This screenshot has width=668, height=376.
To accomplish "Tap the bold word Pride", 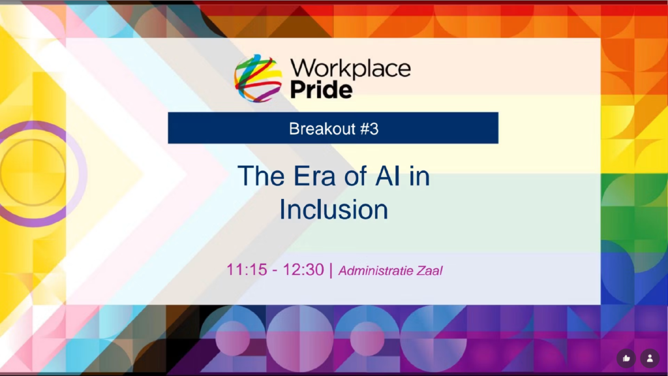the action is tap(321, 90).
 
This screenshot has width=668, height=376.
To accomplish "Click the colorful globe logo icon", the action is tap(258, 78).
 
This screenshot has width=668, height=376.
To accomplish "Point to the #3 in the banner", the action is tap(369, 129).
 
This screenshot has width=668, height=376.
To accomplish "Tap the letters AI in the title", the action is tap(387, 176).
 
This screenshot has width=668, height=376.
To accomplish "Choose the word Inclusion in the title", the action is tap(333, 210).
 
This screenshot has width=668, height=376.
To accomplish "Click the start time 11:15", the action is tap(247, 270).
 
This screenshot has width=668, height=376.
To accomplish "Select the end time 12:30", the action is tap(303, 270).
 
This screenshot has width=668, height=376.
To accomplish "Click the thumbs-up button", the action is tap(626, 358).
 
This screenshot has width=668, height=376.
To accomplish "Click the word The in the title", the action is tap(261, 176).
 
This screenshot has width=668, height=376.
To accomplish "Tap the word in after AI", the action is tap(419, 176).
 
